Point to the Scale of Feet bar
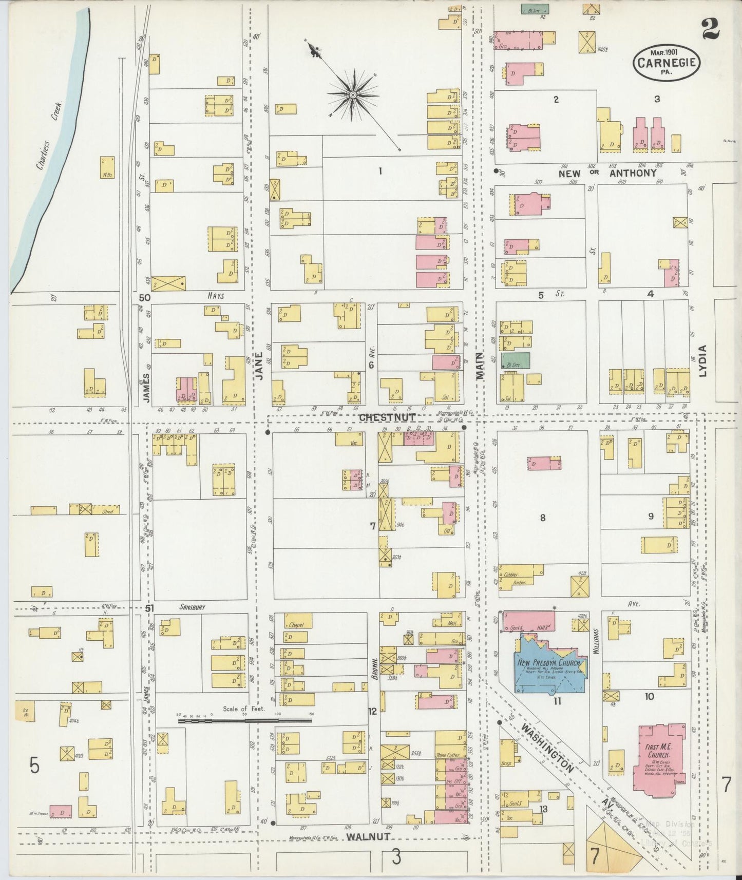coord(244,720)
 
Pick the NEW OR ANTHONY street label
coord(608,173)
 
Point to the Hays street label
coord(216,296)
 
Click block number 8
coord(542,518)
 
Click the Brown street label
coord(375,668)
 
